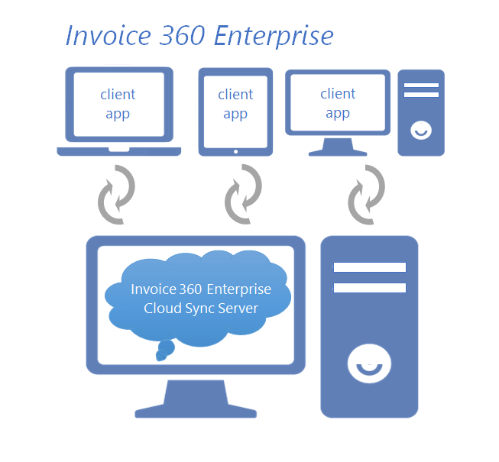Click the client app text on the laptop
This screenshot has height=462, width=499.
tap(118, 104)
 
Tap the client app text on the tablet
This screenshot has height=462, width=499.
tap(235, 104)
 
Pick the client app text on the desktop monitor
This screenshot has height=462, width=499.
tap(338, 103)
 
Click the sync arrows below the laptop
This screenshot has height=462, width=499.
tap(117, 195)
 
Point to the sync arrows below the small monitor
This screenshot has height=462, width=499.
tap(367, 195)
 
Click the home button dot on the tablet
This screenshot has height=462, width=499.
tap(235, 151)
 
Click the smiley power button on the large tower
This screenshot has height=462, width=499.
tap(369, 364)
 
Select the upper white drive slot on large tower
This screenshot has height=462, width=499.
tap(369, 267)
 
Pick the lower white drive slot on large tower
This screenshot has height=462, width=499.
tap(369, 288)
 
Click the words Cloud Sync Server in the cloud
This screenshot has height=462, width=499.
tap(201, 309)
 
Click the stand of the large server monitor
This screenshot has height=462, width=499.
tap(196, 399)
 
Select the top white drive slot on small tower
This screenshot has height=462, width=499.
tap(421, 86)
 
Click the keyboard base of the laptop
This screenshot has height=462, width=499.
tap(119, 151)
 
